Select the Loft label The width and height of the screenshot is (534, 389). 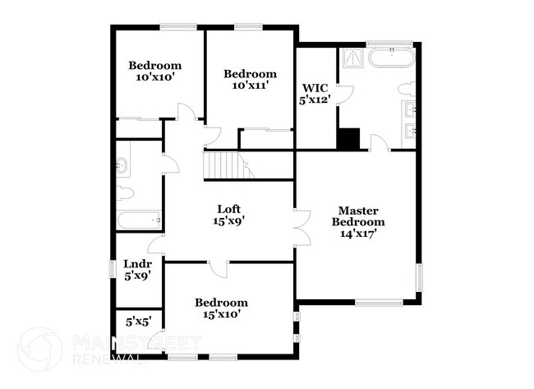click(x=229, y=208)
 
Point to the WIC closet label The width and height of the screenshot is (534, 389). click(x=315, y=87)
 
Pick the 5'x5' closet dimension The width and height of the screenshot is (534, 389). click(x=138, y=322)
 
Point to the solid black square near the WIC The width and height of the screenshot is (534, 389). click(x=349, y=139)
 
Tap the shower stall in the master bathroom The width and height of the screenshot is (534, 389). click(x=352, y=58)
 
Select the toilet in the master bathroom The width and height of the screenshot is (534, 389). click(x=406, y=89)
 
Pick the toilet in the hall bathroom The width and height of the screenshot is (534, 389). click(x=126, y=194)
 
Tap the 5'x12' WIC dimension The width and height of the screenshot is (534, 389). click(x=315, y=100)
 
